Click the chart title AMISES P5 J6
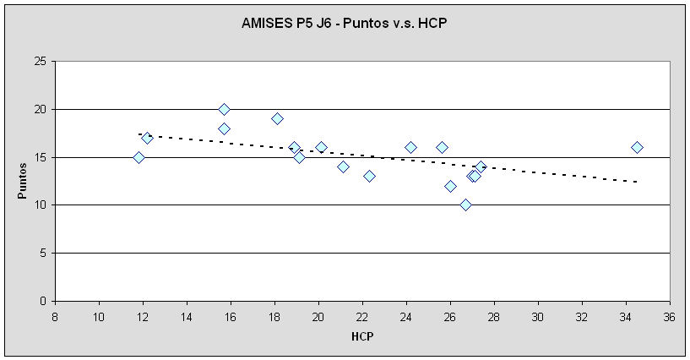click(x=344, y=23)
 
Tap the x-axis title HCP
click(x=362, y=335)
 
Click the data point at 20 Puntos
click(x=224, y=109)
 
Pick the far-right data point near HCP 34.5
click(x=637, y=147)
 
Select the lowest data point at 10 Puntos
click(x=465, y=205)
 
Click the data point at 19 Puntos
click(x=277, y=118)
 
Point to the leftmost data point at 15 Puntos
click(x=139, y=157)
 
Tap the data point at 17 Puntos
click(x=147, y=138)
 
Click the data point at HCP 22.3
click(x=369, y=176)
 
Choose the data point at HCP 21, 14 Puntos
click(x=343, y=166)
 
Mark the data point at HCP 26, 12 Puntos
click(x=450, y=186)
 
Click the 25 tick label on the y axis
click(x=40, y=62)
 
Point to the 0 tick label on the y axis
click(x=43, y=301)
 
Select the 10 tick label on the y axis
click(x=40, y=205)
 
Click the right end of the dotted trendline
click(x=636, y=181)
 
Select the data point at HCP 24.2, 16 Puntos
click(x=410, y=147)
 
